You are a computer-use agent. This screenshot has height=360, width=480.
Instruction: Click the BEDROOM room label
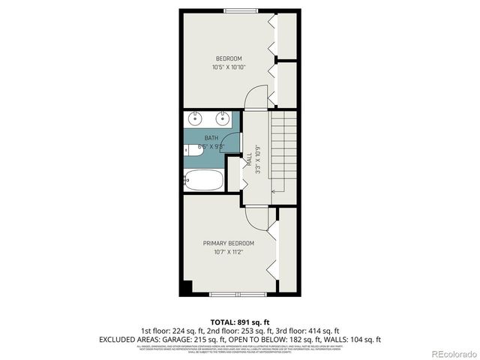click(x=229, y=58)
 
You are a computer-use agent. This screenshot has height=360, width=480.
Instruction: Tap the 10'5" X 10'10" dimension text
click(x=229, y=67)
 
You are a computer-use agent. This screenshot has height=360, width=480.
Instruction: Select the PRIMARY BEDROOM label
click(x=229, y=243)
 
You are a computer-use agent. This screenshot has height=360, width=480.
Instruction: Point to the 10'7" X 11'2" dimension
click(x=229, y=252)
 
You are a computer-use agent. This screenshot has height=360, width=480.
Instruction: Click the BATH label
click(x=211, y=138)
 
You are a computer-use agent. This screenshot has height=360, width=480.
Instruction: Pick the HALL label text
click(x=249, y=159)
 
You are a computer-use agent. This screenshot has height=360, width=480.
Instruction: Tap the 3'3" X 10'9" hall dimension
click(x=257, y=159)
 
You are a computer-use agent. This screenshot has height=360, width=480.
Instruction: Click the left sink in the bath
click(x=196, y=118)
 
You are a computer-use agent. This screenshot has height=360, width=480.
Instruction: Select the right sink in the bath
click(x=222, y=118)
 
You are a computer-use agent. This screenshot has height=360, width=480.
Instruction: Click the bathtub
click(x=203, y=180)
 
